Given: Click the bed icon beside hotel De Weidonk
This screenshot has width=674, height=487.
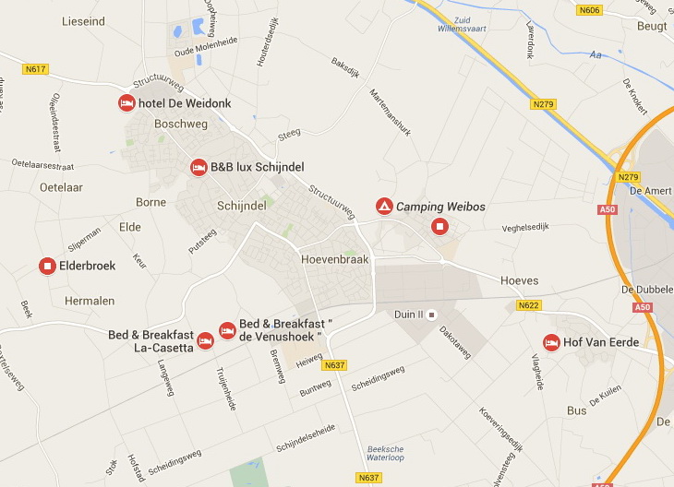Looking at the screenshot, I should [126, 103].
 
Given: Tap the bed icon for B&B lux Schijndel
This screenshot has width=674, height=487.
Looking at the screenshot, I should [198, 167].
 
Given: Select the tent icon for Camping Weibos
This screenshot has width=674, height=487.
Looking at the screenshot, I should [383, 207].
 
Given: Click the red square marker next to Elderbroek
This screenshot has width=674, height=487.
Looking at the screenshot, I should [47, 266].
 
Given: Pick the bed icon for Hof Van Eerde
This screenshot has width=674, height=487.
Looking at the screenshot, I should [551, 343].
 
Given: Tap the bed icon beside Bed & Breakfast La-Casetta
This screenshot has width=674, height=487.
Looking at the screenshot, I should [206, 341].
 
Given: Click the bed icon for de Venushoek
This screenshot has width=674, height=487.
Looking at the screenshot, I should [227, 330].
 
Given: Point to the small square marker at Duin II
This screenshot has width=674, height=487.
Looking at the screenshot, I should [430, 314].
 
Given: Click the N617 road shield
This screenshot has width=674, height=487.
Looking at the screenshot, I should [36, 69].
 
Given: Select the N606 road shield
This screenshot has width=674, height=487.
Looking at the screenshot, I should [588, 10].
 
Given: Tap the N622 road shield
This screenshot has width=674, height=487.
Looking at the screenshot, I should [528, 305].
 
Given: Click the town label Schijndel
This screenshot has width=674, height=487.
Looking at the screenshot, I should [242, 206].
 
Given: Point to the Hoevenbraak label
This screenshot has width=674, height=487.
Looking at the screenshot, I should [334, 259].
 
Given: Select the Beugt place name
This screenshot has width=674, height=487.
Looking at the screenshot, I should [652, 27].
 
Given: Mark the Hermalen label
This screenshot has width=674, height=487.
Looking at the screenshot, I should [90, 301].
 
